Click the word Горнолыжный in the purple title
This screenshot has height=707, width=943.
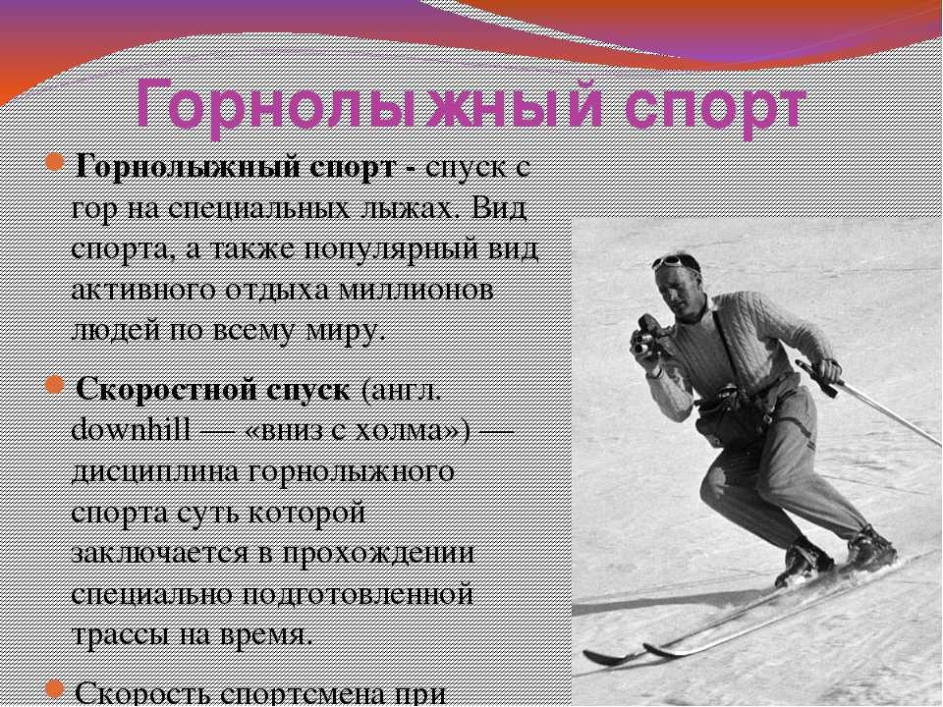[368, 106]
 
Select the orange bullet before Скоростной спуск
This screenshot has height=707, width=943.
[55, 385]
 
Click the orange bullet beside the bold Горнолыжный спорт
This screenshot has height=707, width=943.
[55, 162]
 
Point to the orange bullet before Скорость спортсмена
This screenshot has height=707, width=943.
[55, 689]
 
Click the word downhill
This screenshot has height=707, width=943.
[131, 430]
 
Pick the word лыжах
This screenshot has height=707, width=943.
[412, 210]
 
